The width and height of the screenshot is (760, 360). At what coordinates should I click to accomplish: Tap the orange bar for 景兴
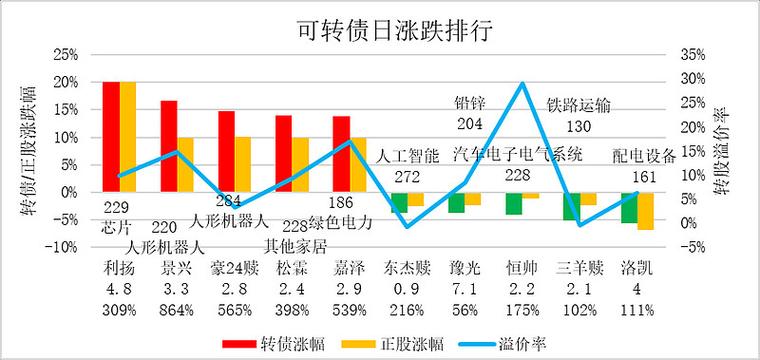pyautogui.click(x=185, y=164)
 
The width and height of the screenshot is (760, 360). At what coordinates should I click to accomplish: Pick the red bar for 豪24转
pyautogui.click(x=226, y=151)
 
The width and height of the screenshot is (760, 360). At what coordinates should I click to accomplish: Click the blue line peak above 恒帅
pyautogui.click(x=521, y=84)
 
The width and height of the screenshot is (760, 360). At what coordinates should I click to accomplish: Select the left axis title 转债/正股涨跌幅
pyautogui.click(x=18, y=150)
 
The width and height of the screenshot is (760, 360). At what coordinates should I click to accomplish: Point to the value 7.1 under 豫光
pyautogui.click(x=464, y=289)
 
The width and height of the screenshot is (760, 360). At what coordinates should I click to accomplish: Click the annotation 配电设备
pyautogui.click(x=643, y=155)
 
